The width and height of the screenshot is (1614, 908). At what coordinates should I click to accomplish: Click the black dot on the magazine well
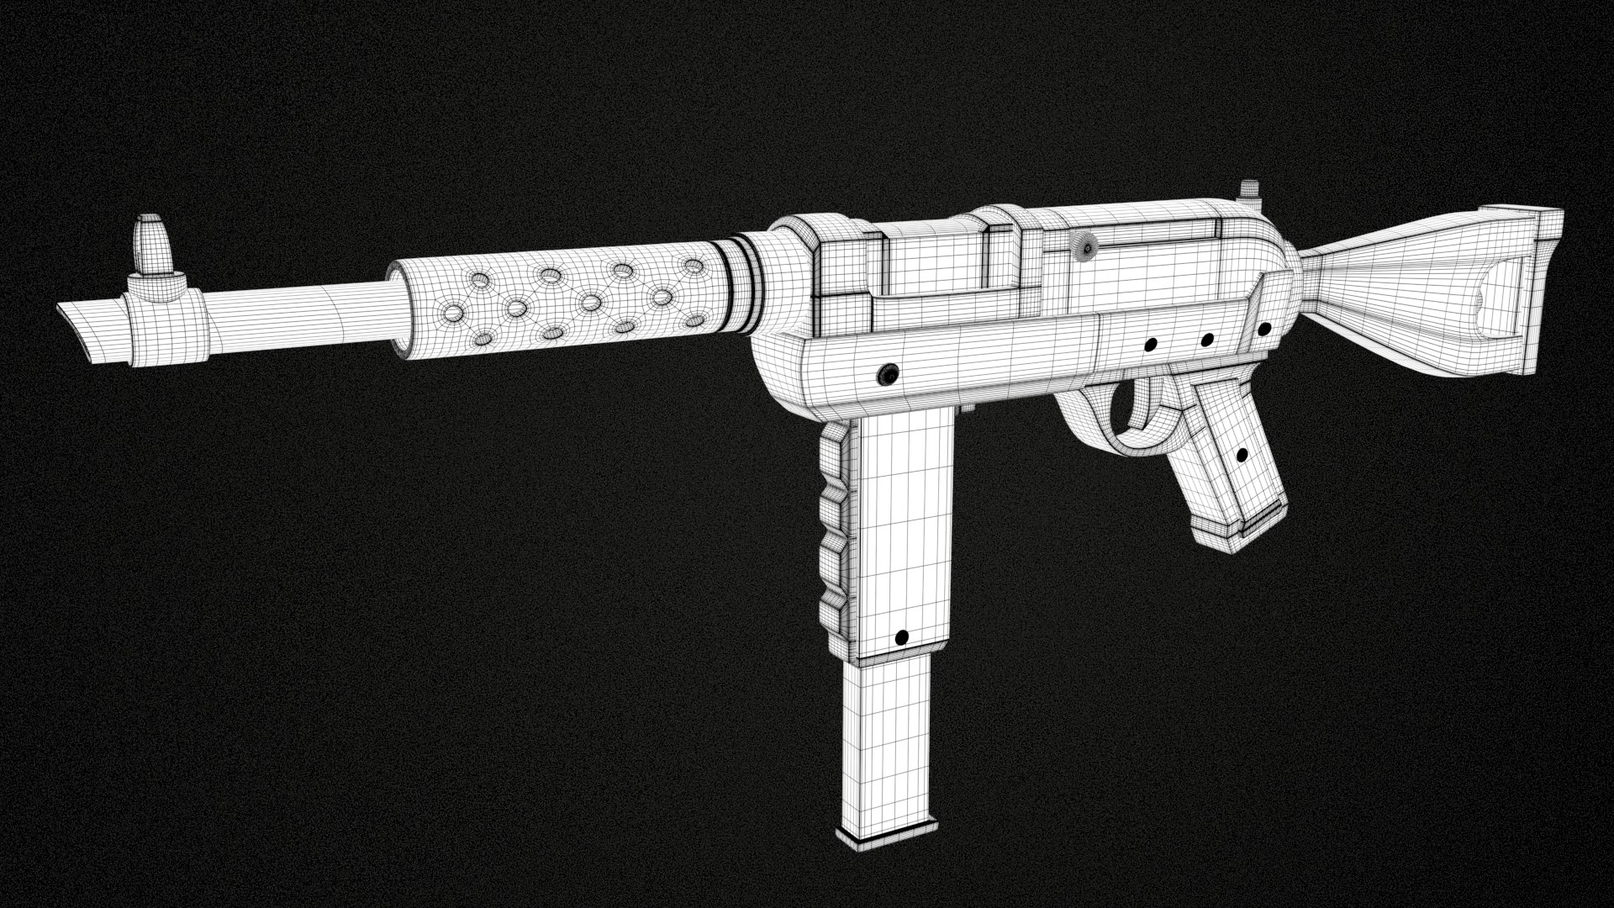click(x=902, y=638)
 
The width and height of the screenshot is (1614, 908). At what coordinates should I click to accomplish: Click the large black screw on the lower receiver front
click(x=886, y=375)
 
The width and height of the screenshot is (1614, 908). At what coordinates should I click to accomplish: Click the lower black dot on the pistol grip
click(x=1242, y=455)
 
